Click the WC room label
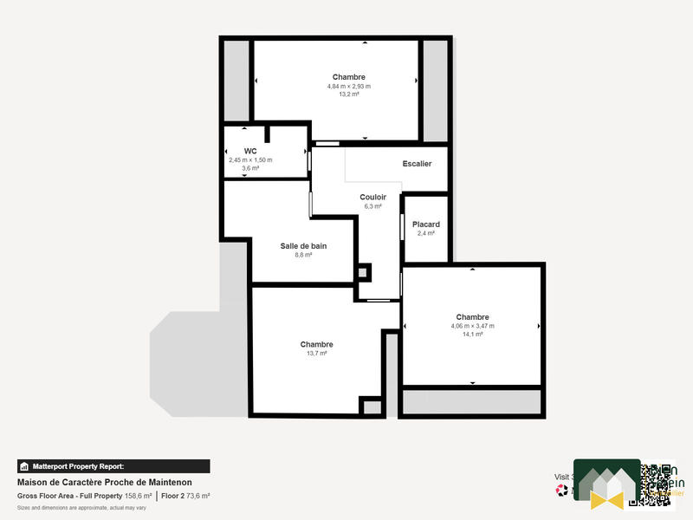250,151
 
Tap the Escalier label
417,164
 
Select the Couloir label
372,198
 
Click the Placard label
425,224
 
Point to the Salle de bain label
302,246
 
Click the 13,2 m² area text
348,94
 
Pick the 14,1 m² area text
472,334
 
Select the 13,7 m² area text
316,354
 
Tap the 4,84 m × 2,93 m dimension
348,86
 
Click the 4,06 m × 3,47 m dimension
472,326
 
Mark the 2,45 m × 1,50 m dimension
250,159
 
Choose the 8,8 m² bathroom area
302,255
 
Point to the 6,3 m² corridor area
372,206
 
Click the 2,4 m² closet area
425,233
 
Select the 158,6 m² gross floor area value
138,496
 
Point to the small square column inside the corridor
364,271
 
